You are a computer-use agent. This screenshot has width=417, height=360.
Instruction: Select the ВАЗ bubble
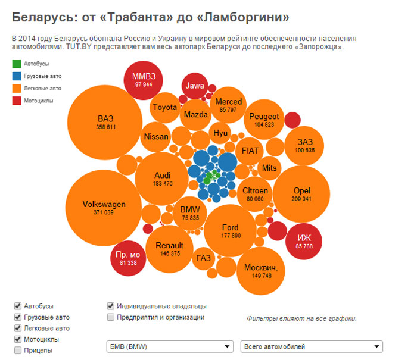(x=105, y=122)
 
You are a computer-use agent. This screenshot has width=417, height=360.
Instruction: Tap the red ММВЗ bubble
(x=144, y=81)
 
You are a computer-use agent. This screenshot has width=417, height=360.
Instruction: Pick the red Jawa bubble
(x=195, y=86)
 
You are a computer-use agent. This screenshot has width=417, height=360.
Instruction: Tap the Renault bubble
(x=169, y=249)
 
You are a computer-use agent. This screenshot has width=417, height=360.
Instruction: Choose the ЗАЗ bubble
(x=306, y=146)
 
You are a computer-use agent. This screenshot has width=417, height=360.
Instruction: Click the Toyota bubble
(x=165, y=108)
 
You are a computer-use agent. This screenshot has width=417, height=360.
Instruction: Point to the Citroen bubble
(x=256, y=194)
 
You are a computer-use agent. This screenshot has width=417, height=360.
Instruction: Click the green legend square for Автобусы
(x=17, y=64)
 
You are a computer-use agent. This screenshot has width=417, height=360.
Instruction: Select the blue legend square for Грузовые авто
(x=17, y=76)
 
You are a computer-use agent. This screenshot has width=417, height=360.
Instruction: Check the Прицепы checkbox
(x=18, y=350)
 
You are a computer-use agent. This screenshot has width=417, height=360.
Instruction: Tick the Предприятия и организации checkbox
(x=110, y=317)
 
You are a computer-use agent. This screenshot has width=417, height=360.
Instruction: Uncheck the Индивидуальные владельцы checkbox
(x=110, y=306)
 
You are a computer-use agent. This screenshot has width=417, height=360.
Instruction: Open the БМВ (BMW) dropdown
(x=169, y=346)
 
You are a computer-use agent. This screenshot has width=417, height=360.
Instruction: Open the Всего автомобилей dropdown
(x=311, y=346)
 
